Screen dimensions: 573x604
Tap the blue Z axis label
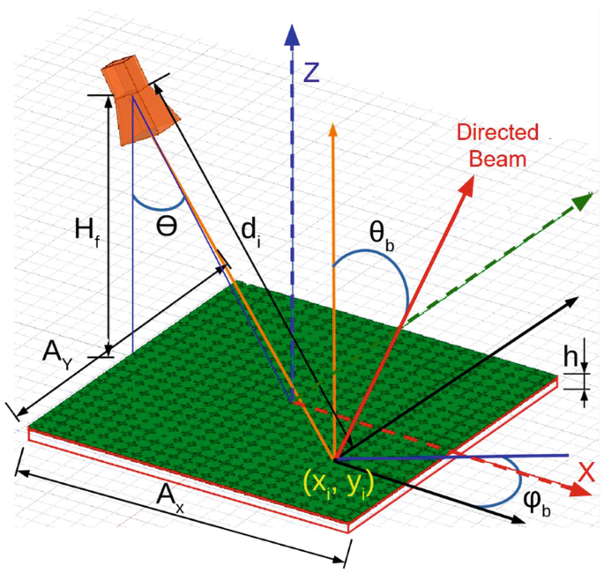[309, 73]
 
